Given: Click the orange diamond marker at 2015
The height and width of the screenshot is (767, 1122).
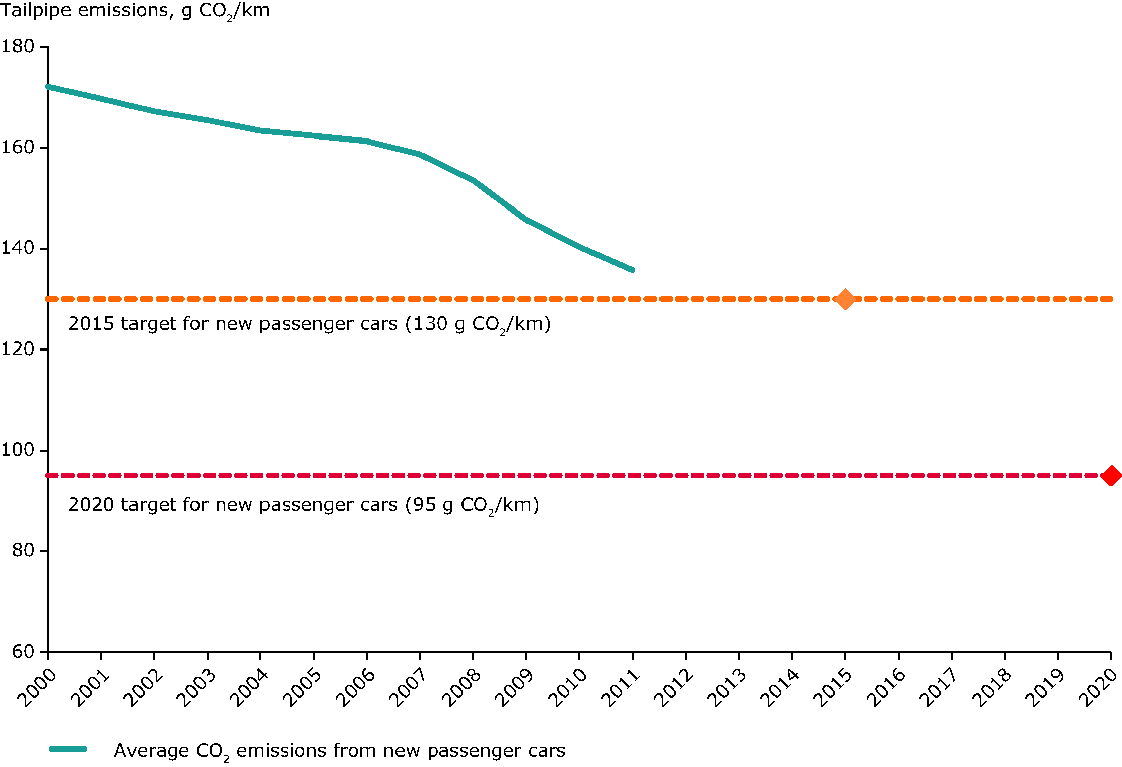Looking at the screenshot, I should point(845,299).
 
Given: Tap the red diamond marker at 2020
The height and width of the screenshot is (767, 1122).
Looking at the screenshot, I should point(1111,476).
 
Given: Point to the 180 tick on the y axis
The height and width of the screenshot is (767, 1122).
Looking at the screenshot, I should point(18,46).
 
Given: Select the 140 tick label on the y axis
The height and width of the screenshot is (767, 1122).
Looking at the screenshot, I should point(18,248).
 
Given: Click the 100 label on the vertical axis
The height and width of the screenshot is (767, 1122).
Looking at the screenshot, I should point(18,450).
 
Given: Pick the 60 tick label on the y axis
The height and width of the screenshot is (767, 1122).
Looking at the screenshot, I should point(23,652).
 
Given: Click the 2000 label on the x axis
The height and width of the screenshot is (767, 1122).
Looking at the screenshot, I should point(37,688).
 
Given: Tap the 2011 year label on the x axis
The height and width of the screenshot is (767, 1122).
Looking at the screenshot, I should point(621,688).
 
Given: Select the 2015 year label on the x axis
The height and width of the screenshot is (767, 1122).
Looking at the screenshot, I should point(833,688).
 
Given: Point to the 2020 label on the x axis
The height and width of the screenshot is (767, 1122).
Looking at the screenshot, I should point(1099,688).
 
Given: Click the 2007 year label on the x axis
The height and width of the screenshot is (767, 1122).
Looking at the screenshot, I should point(409,688).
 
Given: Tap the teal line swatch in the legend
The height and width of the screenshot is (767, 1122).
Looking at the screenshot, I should point(69,749).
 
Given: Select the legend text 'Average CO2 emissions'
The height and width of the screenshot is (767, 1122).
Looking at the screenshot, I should point(340,751).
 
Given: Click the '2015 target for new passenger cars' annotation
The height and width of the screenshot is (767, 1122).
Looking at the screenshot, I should point(309,324).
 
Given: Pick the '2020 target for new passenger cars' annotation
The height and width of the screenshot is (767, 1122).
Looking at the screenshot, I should point(303,505).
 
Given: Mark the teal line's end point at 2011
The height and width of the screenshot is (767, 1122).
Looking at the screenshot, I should point(632,270).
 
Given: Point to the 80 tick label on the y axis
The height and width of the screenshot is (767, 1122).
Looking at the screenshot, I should point(23,550).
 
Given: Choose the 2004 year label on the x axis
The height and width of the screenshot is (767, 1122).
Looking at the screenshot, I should point(249,688).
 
